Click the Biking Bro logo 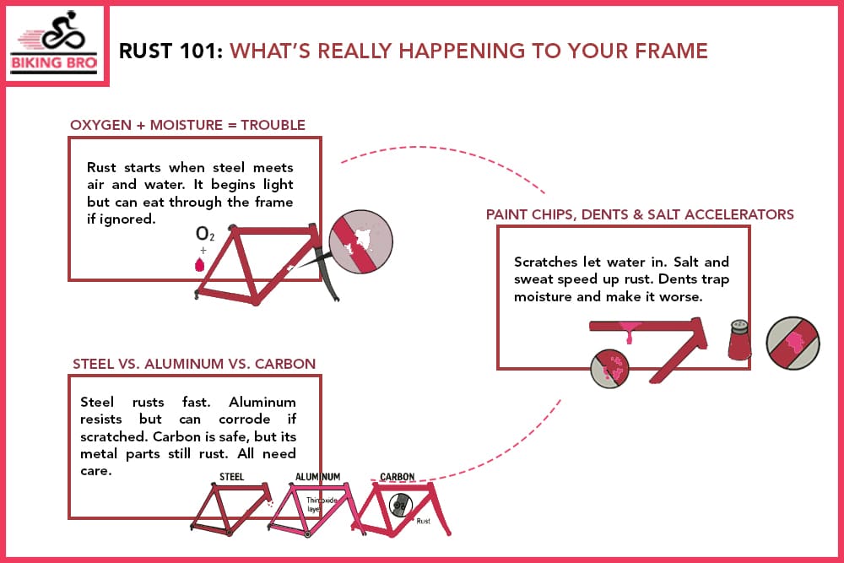point(57,44)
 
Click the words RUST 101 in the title point(171,51)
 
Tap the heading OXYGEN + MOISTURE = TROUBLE point(187,126)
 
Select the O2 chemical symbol point(204,234)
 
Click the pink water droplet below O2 point(200,264)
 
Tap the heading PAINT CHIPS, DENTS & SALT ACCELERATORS point(640,214)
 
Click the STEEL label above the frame point(232,477)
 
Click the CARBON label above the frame point(397,477)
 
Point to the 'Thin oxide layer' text point(319,504)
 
